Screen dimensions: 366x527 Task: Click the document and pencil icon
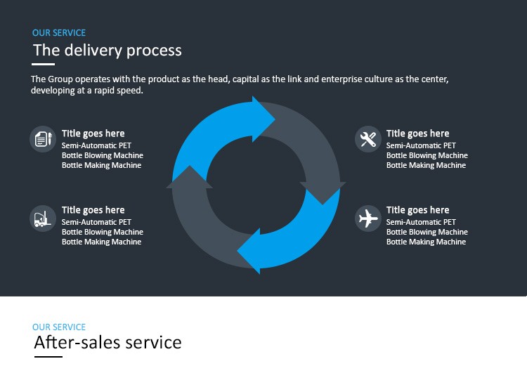point(43,138)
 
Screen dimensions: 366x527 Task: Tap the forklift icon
point(43,218)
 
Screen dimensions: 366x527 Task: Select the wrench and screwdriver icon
point(367,138)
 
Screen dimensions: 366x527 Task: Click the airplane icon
point(367,218)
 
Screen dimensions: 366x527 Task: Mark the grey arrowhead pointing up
point(189,178)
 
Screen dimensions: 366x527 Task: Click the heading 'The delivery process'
point(108,51)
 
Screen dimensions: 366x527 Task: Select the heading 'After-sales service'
point(108,343)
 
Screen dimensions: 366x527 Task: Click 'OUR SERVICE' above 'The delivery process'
point(59,33)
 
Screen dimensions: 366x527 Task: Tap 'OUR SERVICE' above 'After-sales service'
point(59,327)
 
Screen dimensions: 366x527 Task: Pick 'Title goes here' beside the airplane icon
point(417,210)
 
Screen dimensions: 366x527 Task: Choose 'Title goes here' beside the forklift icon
point(93,210)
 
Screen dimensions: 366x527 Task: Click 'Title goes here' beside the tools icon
point(417,133)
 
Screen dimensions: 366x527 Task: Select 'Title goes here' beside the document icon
point(93,133)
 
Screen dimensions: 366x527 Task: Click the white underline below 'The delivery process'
point(44,64)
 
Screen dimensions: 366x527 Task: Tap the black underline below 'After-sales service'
point(48,357)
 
